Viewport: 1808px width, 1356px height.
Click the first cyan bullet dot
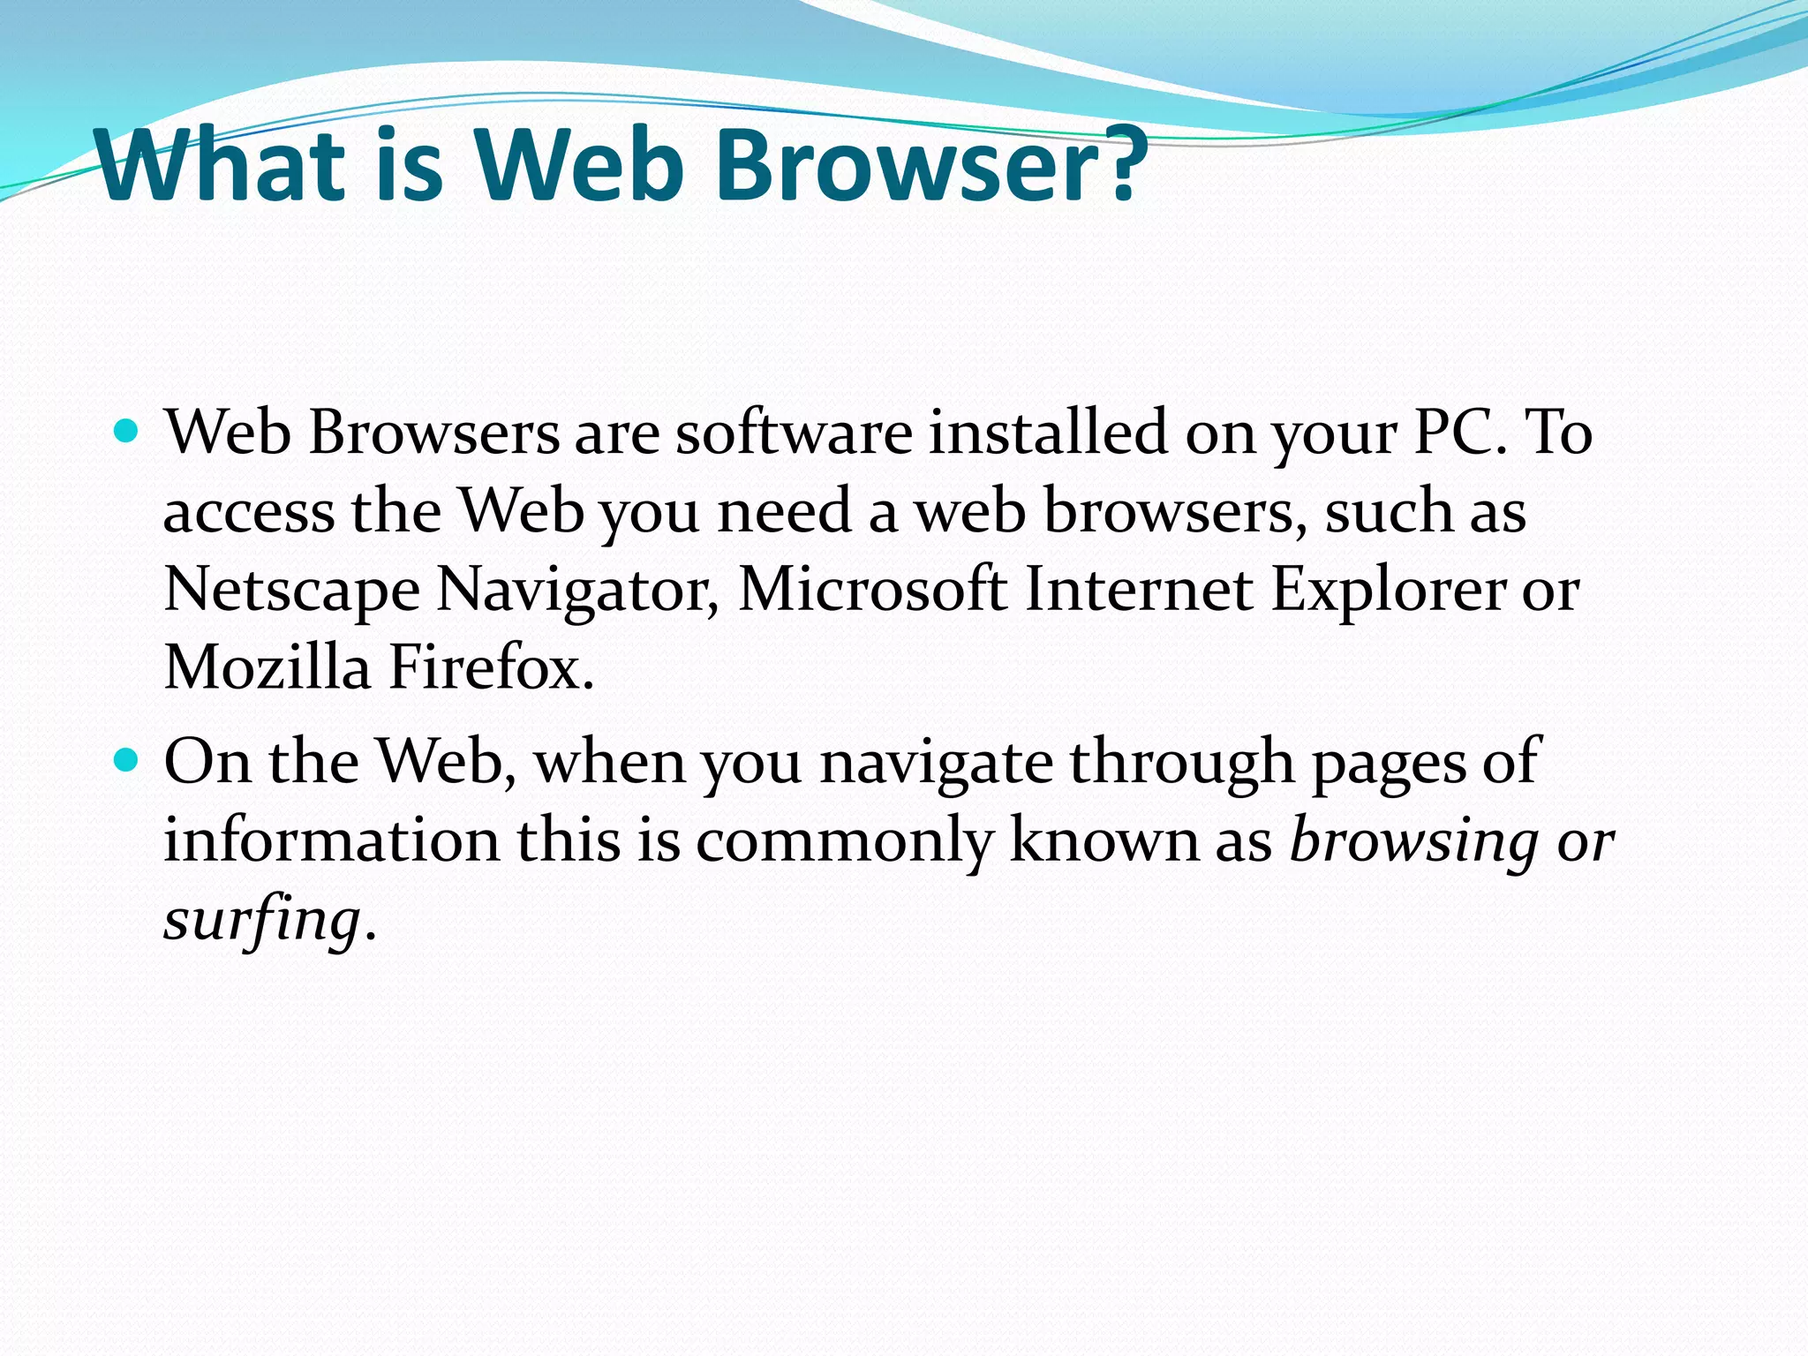[x=127, y=432]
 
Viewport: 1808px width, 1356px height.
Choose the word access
[x=249, y=512]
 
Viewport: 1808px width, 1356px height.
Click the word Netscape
[x=291, y=590]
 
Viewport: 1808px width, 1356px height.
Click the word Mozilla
[x=267, y=667]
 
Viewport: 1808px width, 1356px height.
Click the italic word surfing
[x=262, y=920]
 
